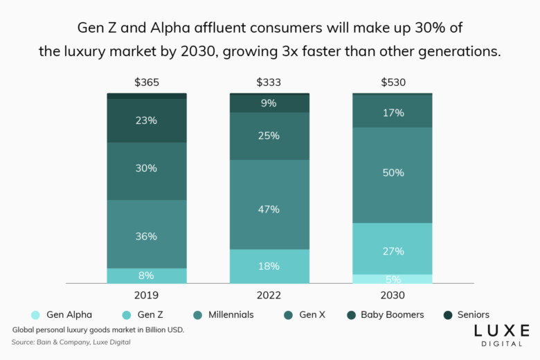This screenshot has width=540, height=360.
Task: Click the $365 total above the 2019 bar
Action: pos(147,82)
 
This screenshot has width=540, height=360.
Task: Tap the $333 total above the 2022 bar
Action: pos(269,82)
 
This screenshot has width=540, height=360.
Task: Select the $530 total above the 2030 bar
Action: pos(393,82)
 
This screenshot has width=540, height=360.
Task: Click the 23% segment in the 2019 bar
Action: pos(147,120)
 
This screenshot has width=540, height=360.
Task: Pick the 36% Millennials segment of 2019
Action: pos(147,235)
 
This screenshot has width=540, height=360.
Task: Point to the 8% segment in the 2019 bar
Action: pos(147,276)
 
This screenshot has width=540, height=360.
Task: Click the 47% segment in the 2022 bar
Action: pos(269,209)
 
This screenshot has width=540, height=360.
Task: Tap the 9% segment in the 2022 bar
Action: pos(269,103)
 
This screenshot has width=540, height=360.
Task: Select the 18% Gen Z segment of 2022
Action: pos(269,267)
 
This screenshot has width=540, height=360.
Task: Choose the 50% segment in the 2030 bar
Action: pos(393,172)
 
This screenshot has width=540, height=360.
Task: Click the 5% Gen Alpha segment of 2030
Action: pos(393,279)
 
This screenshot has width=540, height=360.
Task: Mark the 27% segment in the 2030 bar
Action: pos(393,251)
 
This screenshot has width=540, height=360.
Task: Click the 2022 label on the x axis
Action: pos(269,295)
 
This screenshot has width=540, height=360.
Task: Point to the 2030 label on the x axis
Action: pos(393,295)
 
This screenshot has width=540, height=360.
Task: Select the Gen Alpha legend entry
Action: pos(62,314)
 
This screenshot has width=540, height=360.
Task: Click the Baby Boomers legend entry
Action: pos(386,314)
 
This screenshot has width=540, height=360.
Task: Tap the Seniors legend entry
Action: pos(466,314)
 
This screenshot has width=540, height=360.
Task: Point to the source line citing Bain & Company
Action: pos(71,342)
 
